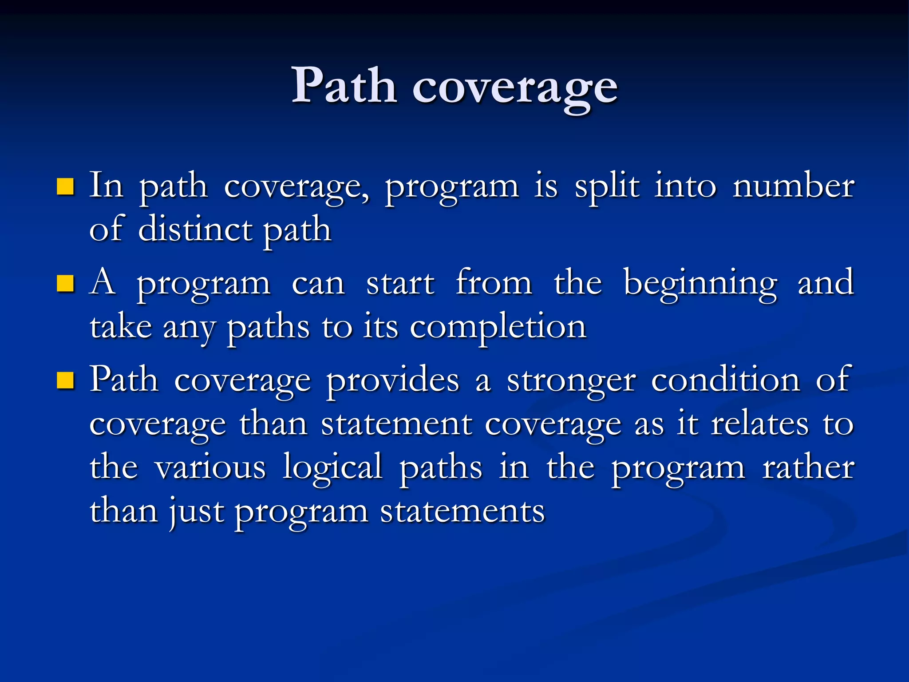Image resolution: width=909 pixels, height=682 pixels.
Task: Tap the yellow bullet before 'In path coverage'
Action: (x=65, y=187)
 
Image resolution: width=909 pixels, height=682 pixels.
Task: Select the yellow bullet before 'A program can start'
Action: (x=65, y=284)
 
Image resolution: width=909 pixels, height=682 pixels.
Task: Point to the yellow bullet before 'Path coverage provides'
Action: (x=65, y=381)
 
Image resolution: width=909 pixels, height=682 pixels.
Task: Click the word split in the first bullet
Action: (x=607, y=186)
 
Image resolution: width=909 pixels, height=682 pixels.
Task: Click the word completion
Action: (x=498, y=328)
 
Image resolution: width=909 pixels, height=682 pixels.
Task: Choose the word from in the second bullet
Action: (x=494, y=282)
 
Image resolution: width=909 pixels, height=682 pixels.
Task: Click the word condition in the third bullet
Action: (x=725, y=380)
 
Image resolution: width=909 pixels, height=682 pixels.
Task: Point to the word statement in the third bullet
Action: (x=396, y=424)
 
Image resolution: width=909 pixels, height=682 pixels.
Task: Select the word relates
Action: (x=759, y=424)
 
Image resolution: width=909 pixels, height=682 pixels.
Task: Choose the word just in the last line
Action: (x=196, y=511)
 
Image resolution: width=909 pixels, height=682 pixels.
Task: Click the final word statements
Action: (x=462, y=511)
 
